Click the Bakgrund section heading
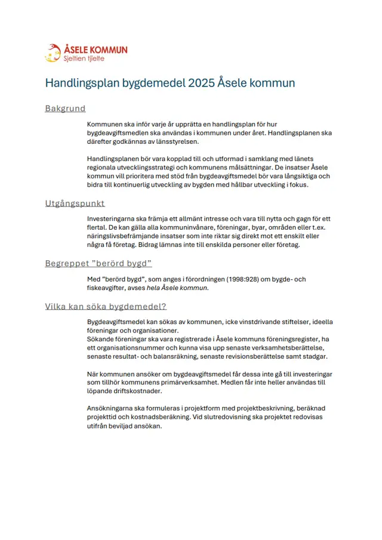[66, 109]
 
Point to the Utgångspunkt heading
[75, 203]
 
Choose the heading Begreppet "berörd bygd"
[98, 263]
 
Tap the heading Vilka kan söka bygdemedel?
[106, 307]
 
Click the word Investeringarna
[114, 219]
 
